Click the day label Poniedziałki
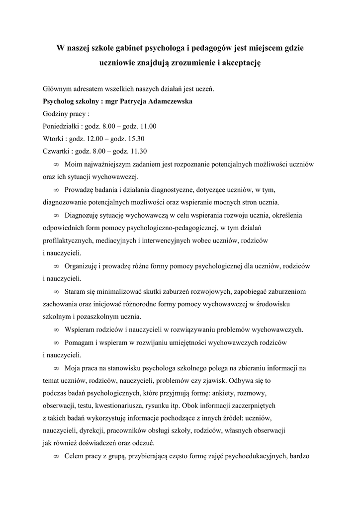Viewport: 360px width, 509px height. pos(61,126)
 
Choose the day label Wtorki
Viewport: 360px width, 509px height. pos(54,139)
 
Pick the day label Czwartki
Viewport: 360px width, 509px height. pos(56,151)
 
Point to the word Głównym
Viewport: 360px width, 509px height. pos(57,89)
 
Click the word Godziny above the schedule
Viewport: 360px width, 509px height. pos(56,114)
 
